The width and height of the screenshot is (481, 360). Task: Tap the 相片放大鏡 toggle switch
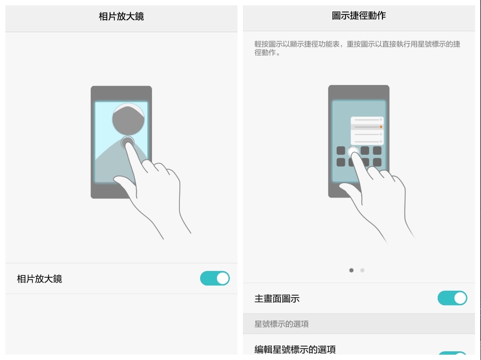coord(215,278)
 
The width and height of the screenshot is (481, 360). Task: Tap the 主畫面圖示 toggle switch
coord(452,298)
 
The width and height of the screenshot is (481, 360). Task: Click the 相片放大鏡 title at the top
coord(121,16)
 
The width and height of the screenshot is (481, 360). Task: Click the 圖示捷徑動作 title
coord(359,15)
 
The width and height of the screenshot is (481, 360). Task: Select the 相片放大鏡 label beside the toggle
coord(39,279)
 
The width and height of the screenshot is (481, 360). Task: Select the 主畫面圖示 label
coord(277,298)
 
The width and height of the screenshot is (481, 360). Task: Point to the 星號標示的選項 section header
coord(281,324)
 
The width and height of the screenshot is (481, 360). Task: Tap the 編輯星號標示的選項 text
coord(295,349)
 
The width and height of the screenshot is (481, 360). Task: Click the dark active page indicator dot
coord(351,270)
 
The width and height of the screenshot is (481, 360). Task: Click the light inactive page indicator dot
coord(362,270)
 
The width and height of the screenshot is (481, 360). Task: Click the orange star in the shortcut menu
coord(380,126)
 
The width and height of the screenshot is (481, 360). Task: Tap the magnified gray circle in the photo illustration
coord(128,119)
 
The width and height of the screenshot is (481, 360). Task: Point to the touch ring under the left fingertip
coord(127,142)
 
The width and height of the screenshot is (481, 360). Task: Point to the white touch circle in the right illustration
coord(353,151)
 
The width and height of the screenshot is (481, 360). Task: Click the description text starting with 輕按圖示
coord(357,48)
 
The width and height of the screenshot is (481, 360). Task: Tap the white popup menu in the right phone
coord(367,131)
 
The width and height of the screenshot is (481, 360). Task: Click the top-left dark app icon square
coord(341,150)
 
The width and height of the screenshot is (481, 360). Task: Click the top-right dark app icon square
coord(377,150)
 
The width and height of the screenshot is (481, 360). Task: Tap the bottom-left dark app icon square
coord(341,162)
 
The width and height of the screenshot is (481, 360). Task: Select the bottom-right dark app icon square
coord(377,162)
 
